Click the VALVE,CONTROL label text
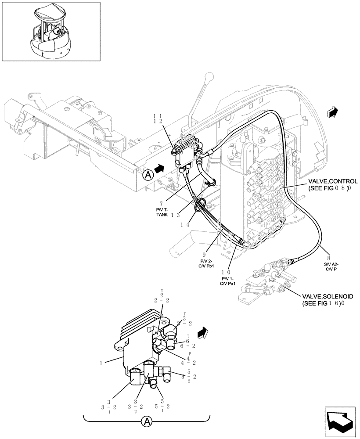tap(332, 181)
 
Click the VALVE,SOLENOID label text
tap(330, 297)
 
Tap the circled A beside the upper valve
tap(148, 174)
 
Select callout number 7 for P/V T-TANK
tap(162, 203)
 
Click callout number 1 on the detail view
tap(101, 363)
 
